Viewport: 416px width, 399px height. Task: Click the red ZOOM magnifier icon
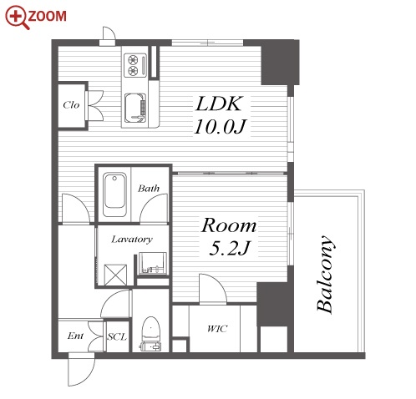tap(16, 17)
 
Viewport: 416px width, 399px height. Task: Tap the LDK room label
tap(219, 104)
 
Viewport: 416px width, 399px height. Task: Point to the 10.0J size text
tap(220, 127)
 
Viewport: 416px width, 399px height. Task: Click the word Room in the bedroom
tap(229, 225)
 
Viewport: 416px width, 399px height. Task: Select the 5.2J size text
tap(230, 248)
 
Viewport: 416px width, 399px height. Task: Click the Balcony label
tap(325, 274)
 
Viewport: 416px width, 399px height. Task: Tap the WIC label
tap(217, 329)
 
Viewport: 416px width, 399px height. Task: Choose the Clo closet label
tap(71, 105)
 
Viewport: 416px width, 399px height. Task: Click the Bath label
tap(149, 189)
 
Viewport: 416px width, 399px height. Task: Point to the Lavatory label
tap(132, 240)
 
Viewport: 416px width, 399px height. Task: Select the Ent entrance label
tap(75, 336)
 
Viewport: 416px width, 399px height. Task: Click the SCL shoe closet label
tap(117, 337)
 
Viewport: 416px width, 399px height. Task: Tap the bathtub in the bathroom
tap(114, 194)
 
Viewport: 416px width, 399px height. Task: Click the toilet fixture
tap(150, 334)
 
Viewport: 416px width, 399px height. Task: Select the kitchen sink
tap(134, 108)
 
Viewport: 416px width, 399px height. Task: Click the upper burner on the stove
tap(133, 59)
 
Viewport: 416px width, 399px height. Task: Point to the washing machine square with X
tap(115, 275)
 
